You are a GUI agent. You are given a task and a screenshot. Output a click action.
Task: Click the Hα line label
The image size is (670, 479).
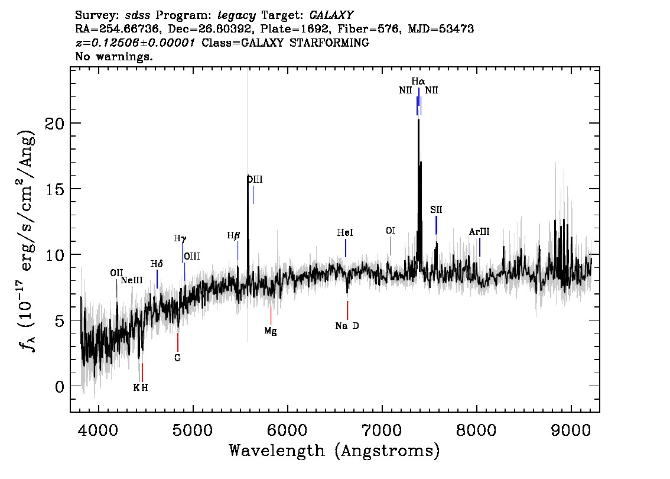click(x=418, y=81)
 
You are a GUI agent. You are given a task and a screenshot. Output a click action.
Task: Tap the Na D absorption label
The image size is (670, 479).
click(x=347, y=326)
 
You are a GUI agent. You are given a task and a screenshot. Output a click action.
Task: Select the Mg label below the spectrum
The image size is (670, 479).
click(x=271, y=331)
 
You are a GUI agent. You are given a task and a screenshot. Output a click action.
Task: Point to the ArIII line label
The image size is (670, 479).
click(x=479, y=232)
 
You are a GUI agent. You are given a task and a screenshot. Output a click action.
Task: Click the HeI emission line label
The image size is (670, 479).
click(x=345, y=232)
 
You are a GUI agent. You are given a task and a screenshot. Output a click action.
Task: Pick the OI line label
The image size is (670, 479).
click(x=391, y=231)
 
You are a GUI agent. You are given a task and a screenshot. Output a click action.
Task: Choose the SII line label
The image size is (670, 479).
click(x=436, y=209)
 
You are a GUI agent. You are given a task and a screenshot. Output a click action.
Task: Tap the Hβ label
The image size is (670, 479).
click(x=233, y=235)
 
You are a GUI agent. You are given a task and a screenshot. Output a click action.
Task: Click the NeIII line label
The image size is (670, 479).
click(x=132, y=280)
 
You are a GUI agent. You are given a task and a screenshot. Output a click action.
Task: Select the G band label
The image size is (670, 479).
click(x=177, y=358)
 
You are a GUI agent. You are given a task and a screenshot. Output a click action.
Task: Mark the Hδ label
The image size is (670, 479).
click(x=157, y=264)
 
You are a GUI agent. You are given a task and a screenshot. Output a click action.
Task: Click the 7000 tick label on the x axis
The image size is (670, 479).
click(x=382, y=430)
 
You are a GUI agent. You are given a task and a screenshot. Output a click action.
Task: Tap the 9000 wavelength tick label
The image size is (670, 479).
click(x=570, y=430)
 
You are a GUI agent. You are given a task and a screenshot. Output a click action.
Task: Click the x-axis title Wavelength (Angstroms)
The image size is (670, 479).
click(x=334, y=451)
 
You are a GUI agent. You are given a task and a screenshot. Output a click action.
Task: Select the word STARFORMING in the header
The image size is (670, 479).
click(x=329, y=43)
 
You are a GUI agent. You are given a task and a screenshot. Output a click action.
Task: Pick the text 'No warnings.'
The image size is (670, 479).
click(x=113, y=56)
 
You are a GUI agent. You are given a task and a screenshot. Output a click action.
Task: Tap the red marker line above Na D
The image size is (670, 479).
click(x=347, y=310)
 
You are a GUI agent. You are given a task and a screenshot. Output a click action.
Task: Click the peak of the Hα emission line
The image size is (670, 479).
click(x=418, y=119)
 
